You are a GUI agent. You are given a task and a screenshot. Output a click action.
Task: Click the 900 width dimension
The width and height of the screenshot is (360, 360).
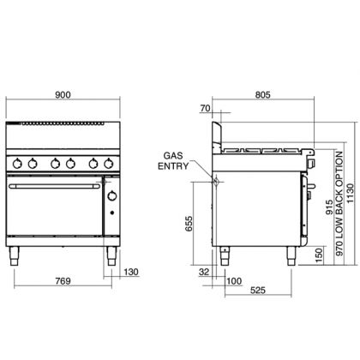[63, 94]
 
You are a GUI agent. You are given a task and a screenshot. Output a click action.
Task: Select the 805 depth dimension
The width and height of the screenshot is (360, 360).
[262, 94]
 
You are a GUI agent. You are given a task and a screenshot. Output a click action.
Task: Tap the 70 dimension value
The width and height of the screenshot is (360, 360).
[205, 108]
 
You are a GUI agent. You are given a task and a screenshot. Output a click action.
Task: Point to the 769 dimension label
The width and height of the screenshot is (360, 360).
[63, 281]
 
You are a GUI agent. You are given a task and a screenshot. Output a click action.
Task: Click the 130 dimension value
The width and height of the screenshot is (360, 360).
[131, 272]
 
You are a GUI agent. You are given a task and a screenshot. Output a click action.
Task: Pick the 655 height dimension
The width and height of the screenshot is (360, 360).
[189, 224]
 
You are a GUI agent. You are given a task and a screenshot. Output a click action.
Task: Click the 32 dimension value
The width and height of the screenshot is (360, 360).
[204, 272]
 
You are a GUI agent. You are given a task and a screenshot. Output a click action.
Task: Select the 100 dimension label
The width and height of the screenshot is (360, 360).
[234, 281]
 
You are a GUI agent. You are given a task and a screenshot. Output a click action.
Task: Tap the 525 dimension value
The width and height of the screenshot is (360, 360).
[258, 291]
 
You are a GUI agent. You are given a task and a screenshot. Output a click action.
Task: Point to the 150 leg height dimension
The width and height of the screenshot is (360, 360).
[319, 255]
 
